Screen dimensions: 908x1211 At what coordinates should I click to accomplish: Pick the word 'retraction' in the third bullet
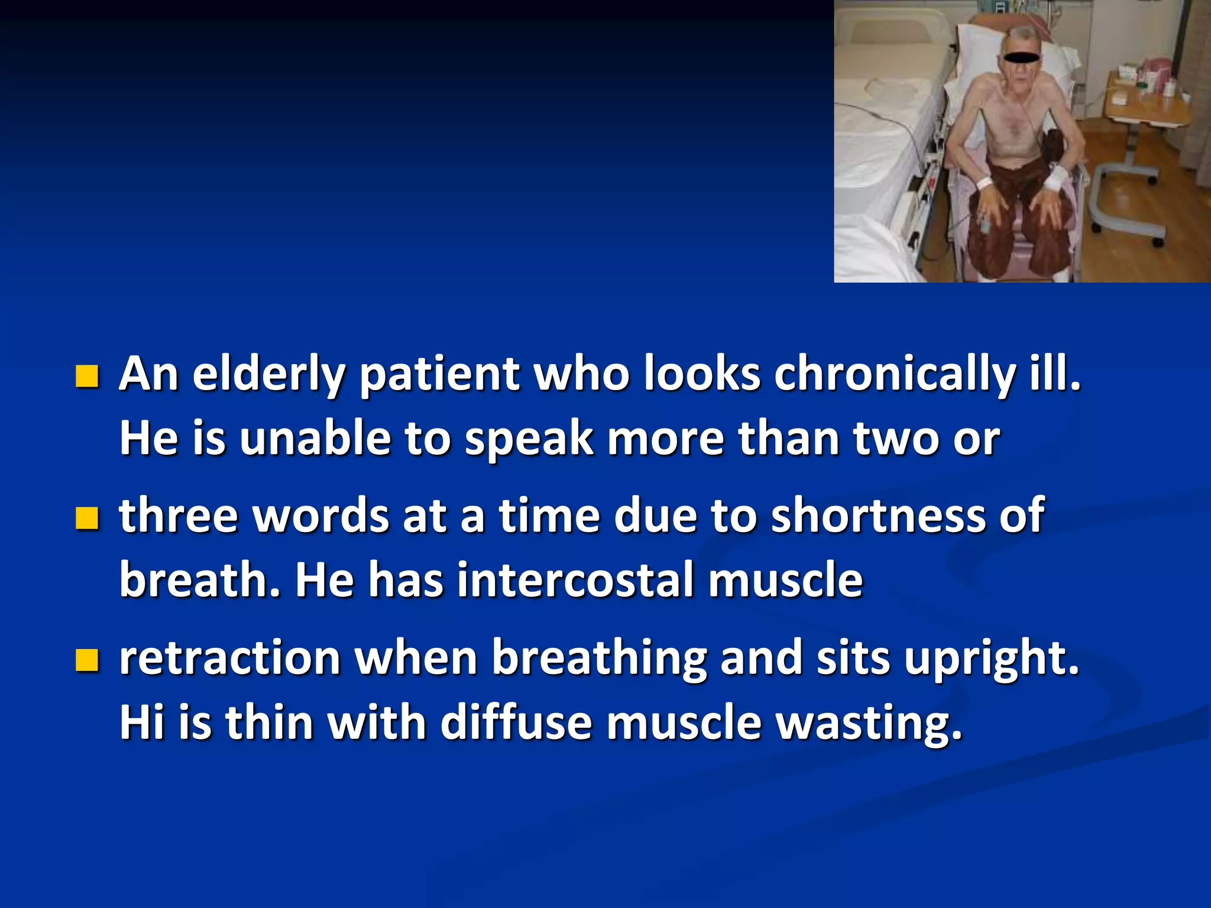click(229, 657)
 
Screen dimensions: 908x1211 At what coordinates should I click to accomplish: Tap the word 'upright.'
click(992, 659)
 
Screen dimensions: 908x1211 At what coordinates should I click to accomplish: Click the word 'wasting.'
click(869, 724)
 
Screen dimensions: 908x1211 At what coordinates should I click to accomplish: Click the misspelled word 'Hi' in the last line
click(142, 722)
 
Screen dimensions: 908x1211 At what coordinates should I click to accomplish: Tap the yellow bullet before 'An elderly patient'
click(87, 376)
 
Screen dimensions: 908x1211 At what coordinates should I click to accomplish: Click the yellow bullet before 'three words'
click(87, 518)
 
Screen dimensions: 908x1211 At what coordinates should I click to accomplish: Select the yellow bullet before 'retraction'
click(87, 660)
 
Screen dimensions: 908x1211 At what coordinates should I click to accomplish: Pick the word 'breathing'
click(599, 659)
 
